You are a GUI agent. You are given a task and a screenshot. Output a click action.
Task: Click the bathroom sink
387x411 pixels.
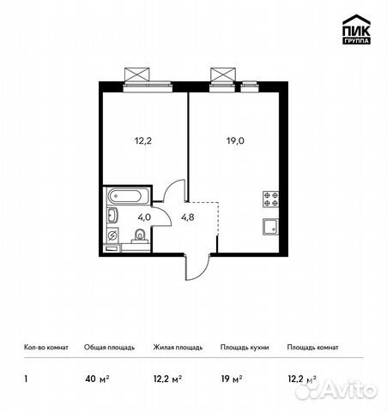[112, 215]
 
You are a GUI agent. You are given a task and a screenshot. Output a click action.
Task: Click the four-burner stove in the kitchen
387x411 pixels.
[271, 200]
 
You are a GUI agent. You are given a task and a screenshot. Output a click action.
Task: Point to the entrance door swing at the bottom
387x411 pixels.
[196, 267]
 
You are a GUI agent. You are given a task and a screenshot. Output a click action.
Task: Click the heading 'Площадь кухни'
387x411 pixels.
[245, 348]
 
